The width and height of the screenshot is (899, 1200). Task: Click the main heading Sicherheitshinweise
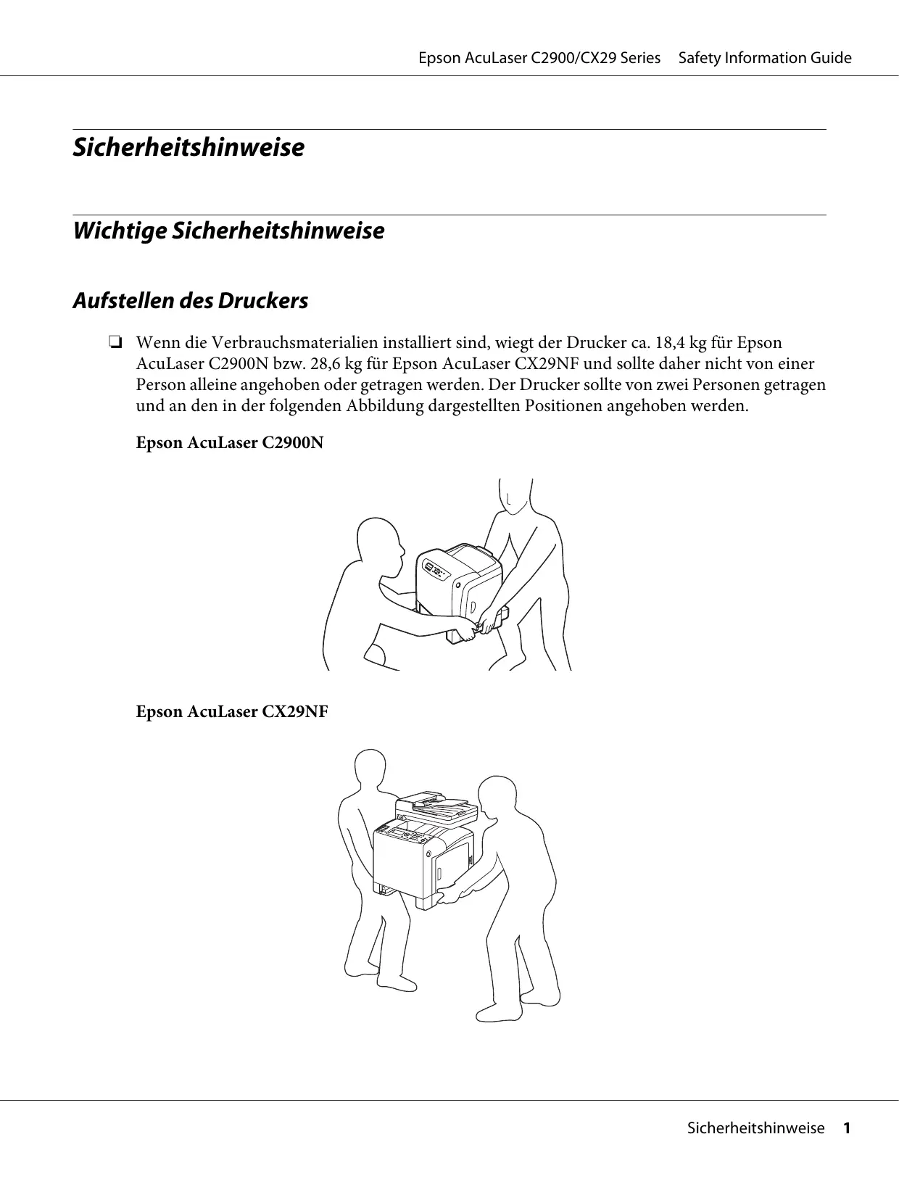[188, 147]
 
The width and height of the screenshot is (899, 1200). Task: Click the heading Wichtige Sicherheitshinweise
[228, 231]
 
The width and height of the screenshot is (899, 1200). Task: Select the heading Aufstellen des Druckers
[190, 300]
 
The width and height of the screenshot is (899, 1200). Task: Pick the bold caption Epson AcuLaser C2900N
[230, 442]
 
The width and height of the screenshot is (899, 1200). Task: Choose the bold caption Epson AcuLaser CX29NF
[232, 711]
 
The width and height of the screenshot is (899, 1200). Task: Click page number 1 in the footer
[845, 1128]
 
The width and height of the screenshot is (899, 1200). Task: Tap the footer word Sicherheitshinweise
[755, 1128]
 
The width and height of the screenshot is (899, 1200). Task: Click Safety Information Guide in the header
[765, 58]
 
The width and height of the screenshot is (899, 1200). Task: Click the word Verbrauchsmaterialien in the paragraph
[291, 342]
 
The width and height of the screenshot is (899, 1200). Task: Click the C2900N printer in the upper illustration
[461, 587]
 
